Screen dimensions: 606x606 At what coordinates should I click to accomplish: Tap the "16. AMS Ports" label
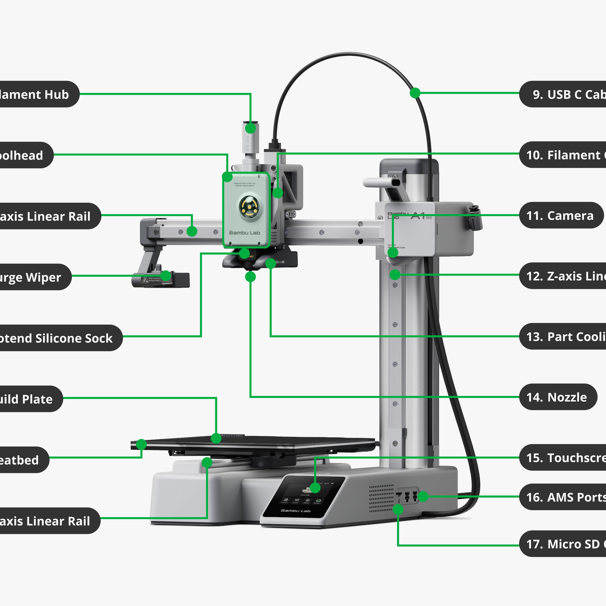tap(564, 497)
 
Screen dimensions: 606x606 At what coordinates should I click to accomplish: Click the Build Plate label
tap(28, 399)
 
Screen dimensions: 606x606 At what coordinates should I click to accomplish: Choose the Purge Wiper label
tap(32, 277)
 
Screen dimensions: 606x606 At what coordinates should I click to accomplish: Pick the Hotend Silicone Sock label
tap(57, 338)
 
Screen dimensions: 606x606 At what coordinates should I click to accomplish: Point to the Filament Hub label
tap(36, 94)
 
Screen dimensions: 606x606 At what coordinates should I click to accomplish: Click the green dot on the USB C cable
tap(415, 93)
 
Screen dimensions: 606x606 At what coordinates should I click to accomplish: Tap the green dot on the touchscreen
tap(315, 488)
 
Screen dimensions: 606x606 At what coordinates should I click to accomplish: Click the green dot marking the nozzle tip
tap(250, 277)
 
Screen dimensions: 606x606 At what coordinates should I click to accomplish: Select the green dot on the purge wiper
tap(166, 276)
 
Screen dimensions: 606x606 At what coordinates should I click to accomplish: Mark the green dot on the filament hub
tap(250, 128)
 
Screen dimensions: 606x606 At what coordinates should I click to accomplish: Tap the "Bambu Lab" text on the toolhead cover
tap(244, 233)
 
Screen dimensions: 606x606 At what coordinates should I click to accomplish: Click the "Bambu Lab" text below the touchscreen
tap(296, 511)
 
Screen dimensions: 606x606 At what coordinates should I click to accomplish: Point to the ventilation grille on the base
tap(381, 498)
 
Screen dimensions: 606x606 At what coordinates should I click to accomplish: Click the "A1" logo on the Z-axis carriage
tap(418, 216)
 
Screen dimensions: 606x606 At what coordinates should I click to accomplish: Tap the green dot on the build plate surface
tap(216, 438)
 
